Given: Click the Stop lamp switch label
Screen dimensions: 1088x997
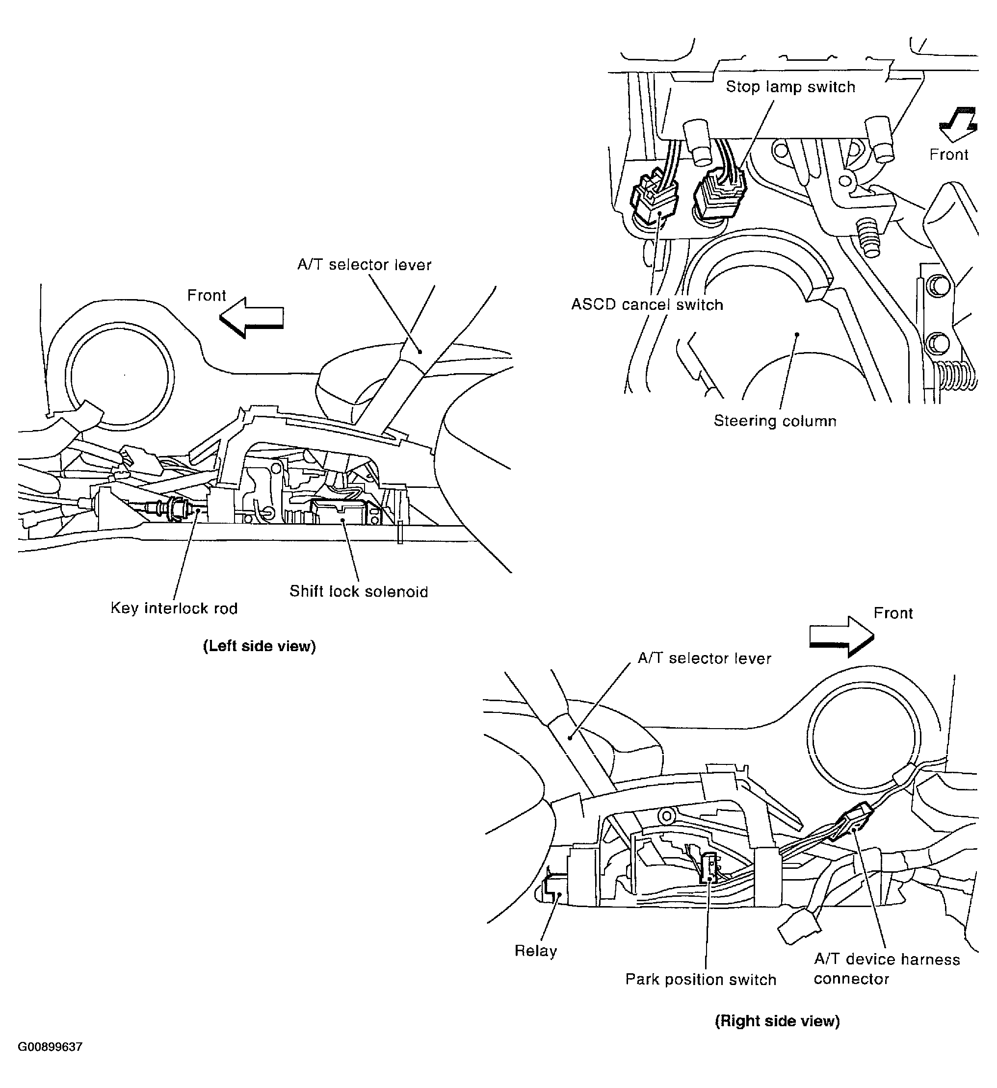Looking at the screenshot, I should coord(789,87).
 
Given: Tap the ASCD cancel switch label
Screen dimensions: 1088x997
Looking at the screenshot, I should coord(647,304).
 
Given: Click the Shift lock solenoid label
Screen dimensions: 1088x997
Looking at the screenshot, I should coord(359,591).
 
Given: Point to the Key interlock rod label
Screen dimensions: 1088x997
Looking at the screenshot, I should coord(174,608).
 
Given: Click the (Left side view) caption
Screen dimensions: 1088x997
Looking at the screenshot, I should coord(259,646).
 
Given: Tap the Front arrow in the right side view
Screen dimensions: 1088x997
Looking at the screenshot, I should coord(841,637).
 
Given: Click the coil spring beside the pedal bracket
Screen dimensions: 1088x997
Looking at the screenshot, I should coord(957,376).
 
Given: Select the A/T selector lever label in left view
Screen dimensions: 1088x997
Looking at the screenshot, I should coord(364,264).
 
